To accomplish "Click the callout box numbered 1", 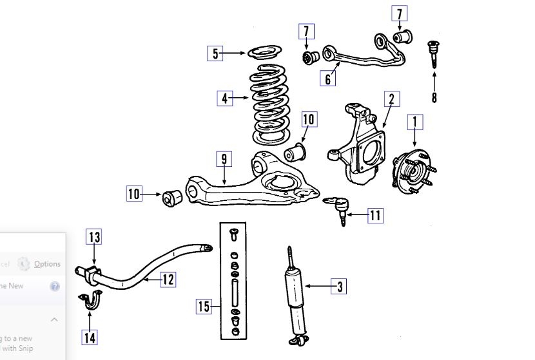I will (x=415, y=121).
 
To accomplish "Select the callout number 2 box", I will (x=391, y=99).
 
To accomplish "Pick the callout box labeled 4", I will (x=224, y=99).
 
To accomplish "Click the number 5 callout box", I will (x=215, y=53).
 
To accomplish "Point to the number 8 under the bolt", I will (x=434, y=98).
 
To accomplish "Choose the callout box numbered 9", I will (x=223, y=158).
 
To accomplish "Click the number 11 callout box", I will (x=375, y=216).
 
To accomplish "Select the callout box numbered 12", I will (x=167, y=279).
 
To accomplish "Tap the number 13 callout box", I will (x=94, y=238).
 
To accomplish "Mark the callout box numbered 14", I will (x=90, y=336).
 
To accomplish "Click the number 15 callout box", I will (x=204, y=307).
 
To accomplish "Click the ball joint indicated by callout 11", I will (x=340, y=205).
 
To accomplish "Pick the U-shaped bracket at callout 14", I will (x=90, y=301).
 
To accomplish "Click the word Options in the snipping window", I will (x=47, y=264).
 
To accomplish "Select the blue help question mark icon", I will (x=55, y=287).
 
